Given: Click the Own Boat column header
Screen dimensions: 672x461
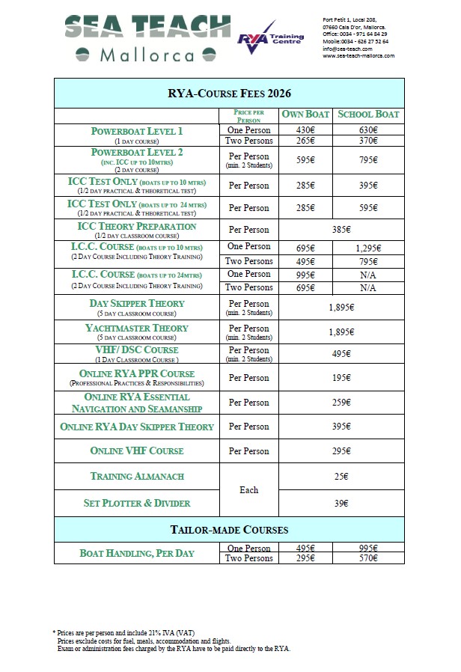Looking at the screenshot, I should point(305,114).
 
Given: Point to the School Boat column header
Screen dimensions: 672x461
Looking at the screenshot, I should point(369,114).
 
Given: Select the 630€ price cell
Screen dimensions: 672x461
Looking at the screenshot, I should point(369,129).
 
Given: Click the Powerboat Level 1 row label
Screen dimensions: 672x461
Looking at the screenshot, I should point(136,132).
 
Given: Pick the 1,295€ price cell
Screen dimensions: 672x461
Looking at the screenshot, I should point(369,248).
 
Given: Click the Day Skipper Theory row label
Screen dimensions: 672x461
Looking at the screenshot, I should point(136,303).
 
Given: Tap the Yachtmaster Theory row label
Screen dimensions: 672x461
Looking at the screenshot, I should point(136,328).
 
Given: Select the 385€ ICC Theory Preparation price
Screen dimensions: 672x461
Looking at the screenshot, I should point(341,230).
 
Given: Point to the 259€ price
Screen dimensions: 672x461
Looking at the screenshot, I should point(341,403).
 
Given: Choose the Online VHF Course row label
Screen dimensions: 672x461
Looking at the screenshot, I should point(136,451).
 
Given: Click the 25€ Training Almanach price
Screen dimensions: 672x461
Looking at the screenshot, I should point(341,476).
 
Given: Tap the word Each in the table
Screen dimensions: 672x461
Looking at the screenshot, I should point(248,490).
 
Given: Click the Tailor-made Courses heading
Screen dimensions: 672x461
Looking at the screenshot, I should point(228,530).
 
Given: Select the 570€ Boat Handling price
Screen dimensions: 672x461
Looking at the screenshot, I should point(369,558).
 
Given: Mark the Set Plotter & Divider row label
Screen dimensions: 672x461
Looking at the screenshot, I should point(136,503).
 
